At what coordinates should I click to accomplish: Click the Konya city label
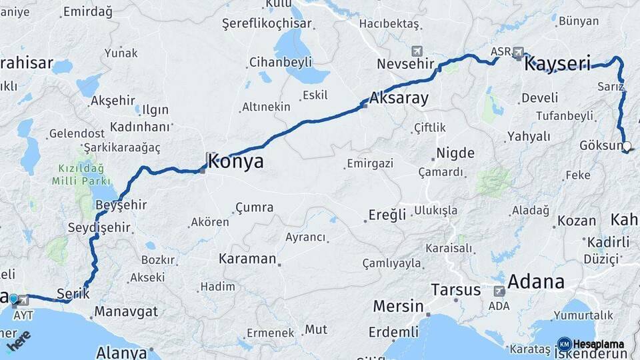tap(235, 161)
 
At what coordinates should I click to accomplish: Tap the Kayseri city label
tap(558, 65)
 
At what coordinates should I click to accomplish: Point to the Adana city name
tap(536, 281)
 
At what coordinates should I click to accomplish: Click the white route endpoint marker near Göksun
tap(626, 146)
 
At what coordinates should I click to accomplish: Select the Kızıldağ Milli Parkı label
tap(79, 173)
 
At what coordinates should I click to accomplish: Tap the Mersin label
tap(398, 307)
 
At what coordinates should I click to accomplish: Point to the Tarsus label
tap(455, 290)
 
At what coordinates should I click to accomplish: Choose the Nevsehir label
tap(400, 65)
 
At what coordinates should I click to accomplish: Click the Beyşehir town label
tap(121, 205)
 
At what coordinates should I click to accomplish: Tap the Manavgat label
tap(126, 311)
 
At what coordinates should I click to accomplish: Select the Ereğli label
tap(387, 215)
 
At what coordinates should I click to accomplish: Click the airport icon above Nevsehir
tap(417, 51)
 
